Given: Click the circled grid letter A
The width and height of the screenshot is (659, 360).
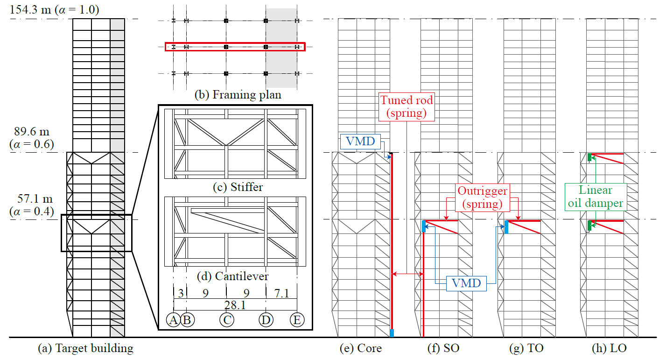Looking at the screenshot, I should click(173, 320).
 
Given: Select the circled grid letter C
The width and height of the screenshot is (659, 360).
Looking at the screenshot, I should click(227, 320).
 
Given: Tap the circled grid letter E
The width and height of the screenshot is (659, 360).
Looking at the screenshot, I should click(297, 320).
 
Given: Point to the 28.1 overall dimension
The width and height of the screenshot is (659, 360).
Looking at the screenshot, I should click(235, 305).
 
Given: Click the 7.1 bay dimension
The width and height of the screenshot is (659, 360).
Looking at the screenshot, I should click(281, 293).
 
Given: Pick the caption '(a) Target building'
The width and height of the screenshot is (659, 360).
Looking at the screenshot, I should click(85, 348).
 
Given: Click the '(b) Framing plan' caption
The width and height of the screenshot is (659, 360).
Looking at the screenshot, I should click(238, 94).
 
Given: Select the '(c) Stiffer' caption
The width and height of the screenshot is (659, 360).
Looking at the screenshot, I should click(238, 187).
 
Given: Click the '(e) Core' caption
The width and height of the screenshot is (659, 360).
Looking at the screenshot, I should click(360, 348).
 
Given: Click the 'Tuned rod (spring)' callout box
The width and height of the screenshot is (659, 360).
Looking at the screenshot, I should click(406, 107).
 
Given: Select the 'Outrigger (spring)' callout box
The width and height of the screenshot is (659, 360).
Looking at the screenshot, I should click(482, 198).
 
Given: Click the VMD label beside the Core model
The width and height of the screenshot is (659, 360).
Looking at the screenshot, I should click(360, 141).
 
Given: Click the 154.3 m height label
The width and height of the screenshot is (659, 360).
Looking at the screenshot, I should click(54, 10).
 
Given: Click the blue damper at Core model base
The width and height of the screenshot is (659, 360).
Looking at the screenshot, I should click(392, 333).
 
